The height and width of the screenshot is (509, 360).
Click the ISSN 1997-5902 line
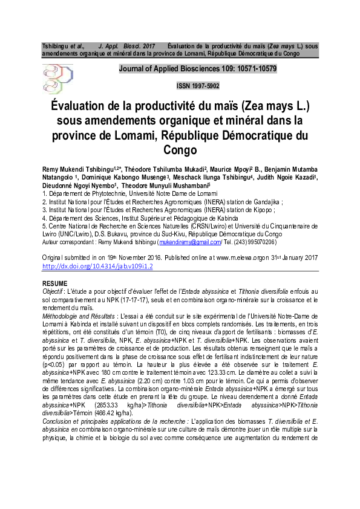click(197, 86)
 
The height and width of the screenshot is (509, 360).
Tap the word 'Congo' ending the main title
click(180, 149)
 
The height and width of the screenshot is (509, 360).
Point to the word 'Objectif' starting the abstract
click(53, 291)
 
